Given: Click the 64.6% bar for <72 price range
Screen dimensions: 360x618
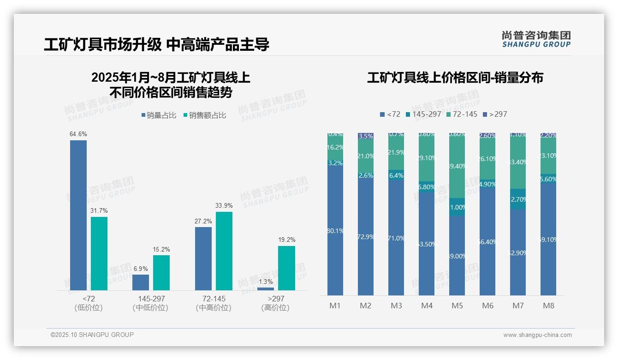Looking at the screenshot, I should click(x=78, y=215).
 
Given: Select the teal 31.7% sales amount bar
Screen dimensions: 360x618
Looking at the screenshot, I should click(x=99, y=253).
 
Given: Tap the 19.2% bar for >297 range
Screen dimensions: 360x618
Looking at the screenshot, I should click(x=286, y=268).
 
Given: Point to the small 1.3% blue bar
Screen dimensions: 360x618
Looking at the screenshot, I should click(x=266, y=288).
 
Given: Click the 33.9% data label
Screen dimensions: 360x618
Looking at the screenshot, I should click(x=224, y=205).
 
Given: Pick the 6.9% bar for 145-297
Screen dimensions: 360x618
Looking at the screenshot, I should click(x=141, y=282).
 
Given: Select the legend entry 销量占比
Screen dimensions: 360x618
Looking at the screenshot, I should click(x=159, y=115).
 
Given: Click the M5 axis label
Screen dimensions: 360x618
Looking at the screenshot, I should click(x=457, y=306).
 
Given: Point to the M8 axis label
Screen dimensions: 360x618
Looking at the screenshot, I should click(x=548, y=306).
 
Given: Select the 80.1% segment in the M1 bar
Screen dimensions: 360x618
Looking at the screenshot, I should click(x=335, y=231).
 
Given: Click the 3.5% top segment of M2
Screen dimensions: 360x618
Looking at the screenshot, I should click(x=366, y=136).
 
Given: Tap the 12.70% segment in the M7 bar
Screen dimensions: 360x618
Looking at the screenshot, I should click(x=518, y=199).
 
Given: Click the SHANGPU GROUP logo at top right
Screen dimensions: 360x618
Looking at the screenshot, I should click(x=536, y=39).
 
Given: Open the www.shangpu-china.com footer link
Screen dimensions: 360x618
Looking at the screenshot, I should click(x=537, y=335).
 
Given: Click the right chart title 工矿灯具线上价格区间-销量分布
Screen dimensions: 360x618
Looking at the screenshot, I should click(x=455, y=78).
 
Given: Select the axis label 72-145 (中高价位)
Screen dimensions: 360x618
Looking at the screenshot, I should click(x=214, y=303).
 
